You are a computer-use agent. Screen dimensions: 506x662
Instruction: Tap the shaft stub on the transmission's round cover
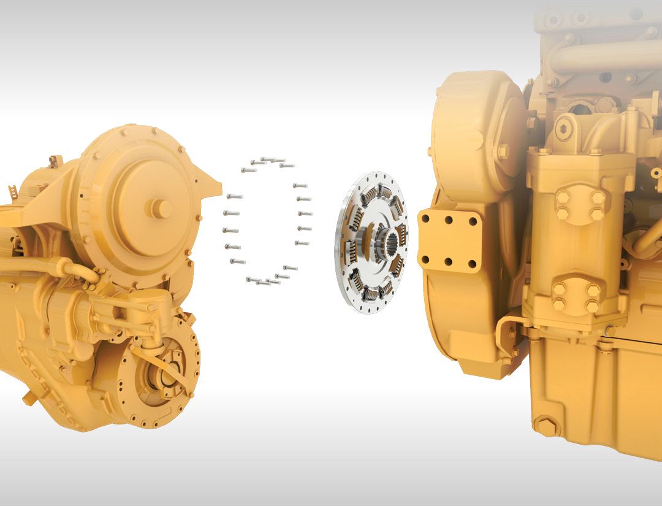pyautogui.click(x=162, y=209)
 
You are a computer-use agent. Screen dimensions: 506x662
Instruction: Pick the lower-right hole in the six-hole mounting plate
pyautogui.click(x=472, y=264)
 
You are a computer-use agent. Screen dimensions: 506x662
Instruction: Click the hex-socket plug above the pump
pyautogui.click(x=564, y=128)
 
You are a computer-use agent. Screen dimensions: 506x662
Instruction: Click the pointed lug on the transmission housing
pyautogui.click(x=212, y=185)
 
